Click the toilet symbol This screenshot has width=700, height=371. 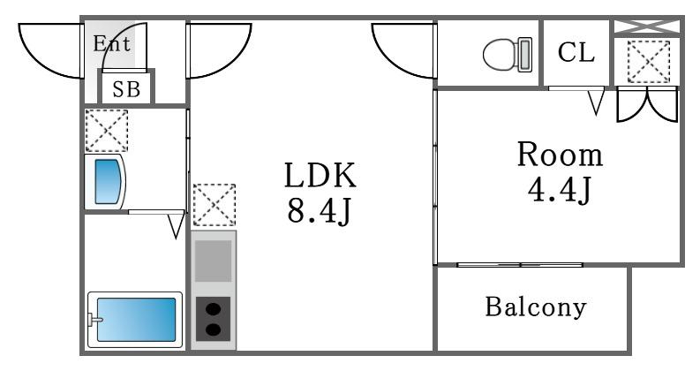coord(508,55)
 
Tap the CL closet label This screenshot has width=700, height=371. coord(576,52)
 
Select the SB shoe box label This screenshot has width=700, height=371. coord(126,89)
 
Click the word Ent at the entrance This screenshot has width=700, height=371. coord(111,44)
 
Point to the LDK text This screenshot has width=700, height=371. coord(320,175)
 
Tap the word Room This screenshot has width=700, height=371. coord(560,155)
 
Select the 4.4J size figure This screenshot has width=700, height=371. coord(560,189)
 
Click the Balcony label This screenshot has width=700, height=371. coord(536,307)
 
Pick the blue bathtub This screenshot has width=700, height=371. coord(136,320)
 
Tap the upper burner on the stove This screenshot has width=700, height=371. coord(214,308)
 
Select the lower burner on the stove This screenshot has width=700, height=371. coord(214,330)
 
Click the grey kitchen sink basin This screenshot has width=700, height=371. coord(214,261)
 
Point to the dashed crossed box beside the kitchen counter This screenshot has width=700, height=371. coord(215,205)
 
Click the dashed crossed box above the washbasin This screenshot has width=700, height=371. coord(107,131)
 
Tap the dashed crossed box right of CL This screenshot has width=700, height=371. coord(648,62)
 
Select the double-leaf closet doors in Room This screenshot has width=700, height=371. coord(647,104)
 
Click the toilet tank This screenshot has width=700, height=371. coord(525,55)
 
